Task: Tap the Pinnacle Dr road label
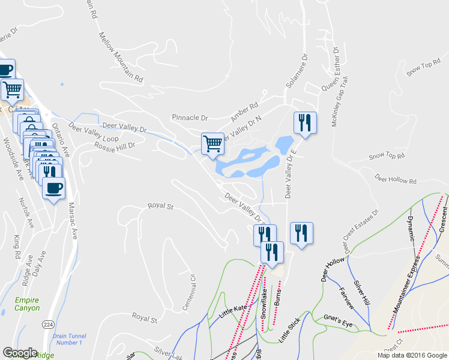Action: (x=190, y=118)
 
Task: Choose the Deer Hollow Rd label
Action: (x=395, y=179)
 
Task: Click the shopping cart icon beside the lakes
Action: (x=212, y=144)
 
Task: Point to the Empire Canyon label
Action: (x=28, y=304)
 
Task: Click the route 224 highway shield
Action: (x=48, y=324)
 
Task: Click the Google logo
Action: (x=20, y=353)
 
